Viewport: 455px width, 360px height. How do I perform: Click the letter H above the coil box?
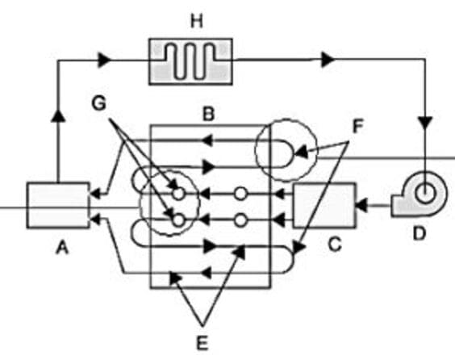tap(197, 22)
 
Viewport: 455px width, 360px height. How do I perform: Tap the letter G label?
tap(99, 103)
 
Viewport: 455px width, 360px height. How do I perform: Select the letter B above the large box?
tap(209, 114)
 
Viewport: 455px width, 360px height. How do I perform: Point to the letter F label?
tap(357, 127)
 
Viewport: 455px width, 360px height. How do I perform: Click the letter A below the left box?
tap(62, 248)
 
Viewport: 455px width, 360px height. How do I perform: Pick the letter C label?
tap(335, 244)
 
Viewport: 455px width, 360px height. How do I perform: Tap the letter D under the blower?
tap(420, 233)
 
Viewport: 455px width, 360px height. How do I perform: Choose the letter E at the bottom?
tap(202, 343)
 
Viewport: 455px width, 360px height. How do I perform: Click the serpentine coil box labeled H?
tap(190, 61)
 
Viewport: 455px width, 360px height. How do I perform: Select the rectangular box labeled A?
tap(58, 206)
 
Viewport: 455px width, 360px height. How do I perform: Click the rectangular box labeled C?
tap(324, 206)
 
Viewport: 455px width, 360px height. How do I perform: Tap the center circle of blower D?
tap(425, 193)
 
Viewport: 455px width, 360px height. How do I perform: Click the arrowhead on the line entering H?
tap(104, 61)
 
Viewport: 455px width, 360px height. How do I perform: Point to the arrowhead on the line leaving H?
tap(328, 60)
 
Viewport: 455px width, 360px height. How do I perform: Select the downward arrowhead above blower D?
tap(425, 123)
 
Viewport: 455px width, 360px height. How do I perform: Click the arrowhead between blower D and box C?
tap(361, 206)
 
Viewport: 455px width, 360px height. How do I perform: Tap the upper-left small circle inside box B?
tap(179, 194)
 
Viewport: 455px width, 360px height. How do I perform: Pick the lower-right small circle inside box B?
tap(240, 221)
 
